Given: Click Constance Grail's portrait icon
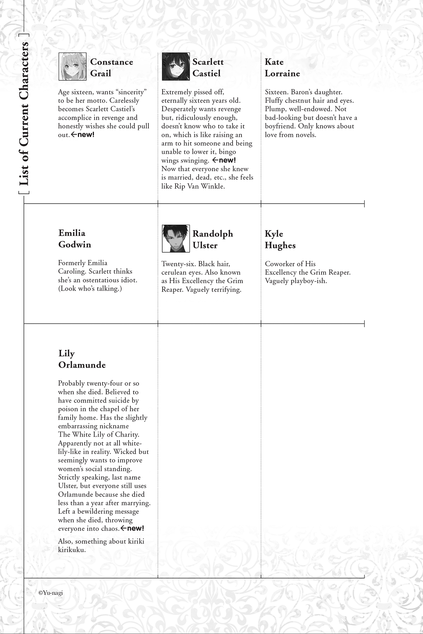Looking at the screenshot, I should (x=72, y=67).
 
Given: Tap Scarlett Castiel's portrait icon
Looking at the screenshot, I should (x=176, y=67).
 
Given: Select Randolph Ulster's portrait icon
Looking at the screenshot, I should (x=176, y=238).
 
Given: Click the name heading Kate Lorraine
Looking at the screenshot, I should (x=282, y=68).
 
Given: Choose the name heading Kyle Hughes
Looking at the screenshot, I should (x=280, y=240).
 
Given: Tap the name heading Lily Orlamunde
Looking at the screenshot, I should (x=82, y=359).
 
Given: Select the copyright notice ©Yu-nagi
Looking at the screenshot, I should (x=50, y=593).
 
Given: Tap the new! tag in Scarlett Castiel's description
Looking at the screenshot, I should (x=224, y=161).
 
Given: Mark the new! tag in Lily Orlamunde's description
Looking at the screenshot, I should (x=132, y=528).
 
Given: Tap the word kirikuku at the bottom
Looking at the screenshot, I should (x=72, y=550).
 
